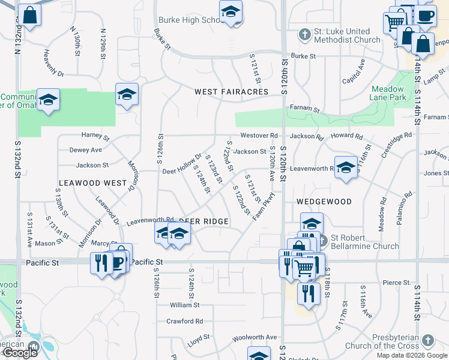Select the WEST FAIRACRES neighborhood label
click(x=231, y=92)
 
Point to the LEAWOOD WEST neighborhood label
click(x=93, y=182)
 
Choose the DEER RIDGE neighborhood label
click(x=203, y=221)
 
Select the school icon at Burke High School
click(x=231, y=12)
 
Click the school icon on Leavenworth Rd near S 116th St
click(x=346, y=168)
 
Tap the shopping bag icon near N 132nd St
click(x=29, y=15)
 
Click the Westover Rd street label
click(x=259, y=136)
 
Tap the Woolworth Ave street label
click(x=255, y=337)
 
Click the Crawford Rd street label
click(x=185, y=321)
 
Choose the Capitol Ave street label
click(x=354, y=72)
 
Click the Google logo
click(x=20, y=353)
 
